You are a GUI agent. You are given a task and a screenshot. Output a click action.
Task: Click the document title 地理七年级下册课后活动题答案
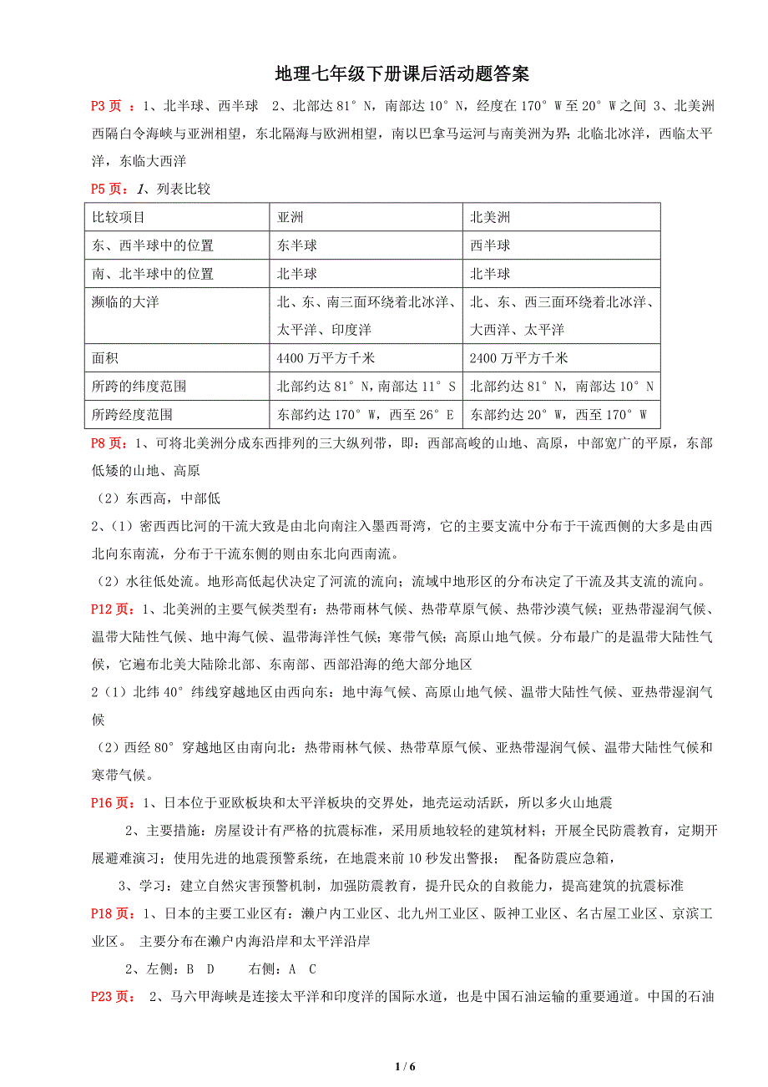tap(402, 75)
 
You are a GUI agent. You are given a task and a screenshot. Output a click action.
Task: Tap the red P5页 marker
tap(109, 189)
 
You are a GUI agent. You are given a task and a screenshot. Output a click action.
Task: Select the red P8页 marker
tap(109, 443)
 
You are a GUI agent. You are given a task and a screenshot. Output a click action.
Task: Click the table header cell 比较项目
tap(119, 218)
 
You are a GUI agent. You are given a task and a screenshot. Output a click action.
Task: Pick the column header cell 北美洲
tap(490, 218)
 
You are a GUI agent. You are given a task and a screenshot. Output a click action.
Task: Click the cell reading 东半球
tap(296, 245)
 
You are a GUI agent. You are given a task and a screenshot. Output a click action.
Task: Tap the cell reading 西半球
tap(490, 245)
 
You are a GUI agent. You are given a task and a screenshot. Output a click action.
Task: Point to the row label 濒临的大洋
tap(125, 301)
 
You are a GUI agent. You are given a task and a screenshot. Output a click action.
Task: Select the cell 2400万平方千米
tap(519, 358)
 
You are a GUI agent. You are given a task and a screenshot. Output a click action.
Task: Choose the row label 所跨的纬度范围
tap(139, 387)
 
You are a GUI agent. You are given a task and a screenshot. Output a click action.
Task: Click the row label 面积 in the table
tap(105, 358)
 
